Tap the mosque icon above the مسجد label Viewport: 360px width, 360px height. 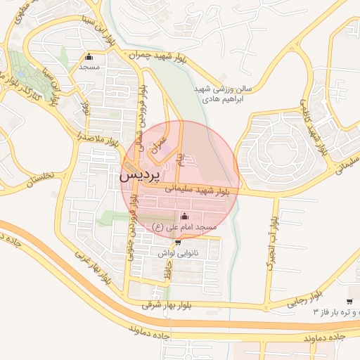pos(89,58)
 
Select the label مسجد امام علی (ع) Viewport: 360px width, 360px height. pos(187,228)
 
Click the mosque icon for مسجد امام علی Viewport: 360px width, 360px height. pos(185,216)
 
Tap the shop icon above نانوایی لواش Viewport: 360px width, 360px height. pos(177,242)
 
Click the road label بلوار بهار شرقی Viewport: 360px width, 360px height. pos(167,305)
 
